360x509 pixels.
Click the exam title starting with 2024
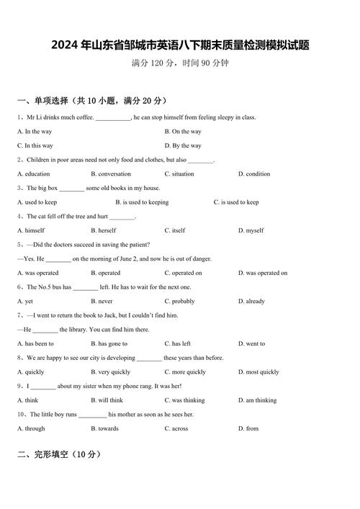pyautogui.click(x=180, y=45)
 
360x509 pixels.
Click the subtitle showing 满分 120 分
pyautogui.click(x=180, y=63)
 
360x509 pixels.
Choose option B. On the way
pyautogui.click(x=183, y=132)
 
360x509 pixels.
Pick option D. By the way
pyautogui.click(x=183, y=145)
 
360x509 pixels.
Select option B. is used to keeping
pyautogui.click(x=142, y=202)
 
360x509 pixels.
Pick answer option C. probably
pyautogui.click(x=179, y=302)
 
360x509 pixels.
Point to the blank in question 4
pyautogui.click(x=123, y=217)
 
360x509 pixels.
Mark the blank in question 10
pyautogui.click(x=92, y=415)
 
